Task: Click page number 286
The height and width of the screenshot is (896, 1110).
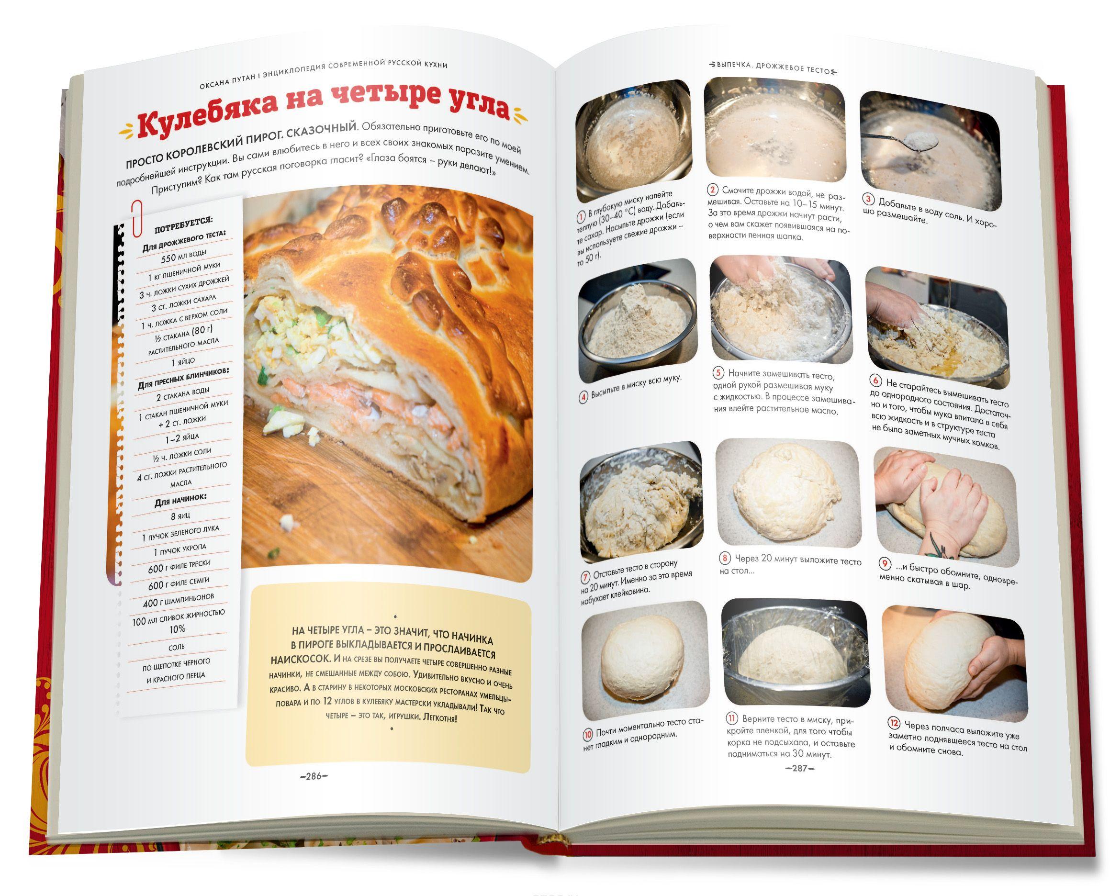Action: click(x=313, y=776)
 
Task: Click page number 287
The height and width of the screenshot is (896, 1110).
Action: click(x=799, y=768)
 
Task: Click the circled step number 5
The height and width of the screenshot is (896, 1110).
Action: click(x=718, y=373)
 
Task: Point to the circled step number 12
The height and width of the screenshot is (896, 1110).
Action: click(x=894, y=723)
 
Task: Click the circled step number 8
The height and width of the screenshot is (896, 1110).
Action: click(x=726, y=558)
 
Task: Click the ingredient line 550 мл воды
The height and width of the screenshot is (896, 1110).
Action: click(x=184, y=256)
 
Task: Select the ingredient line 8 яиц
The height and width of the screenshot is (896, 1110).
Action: click(x=180, y=515)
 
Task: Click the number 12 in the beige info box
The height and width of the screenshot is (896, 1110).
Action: click(x=327, y=701)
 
